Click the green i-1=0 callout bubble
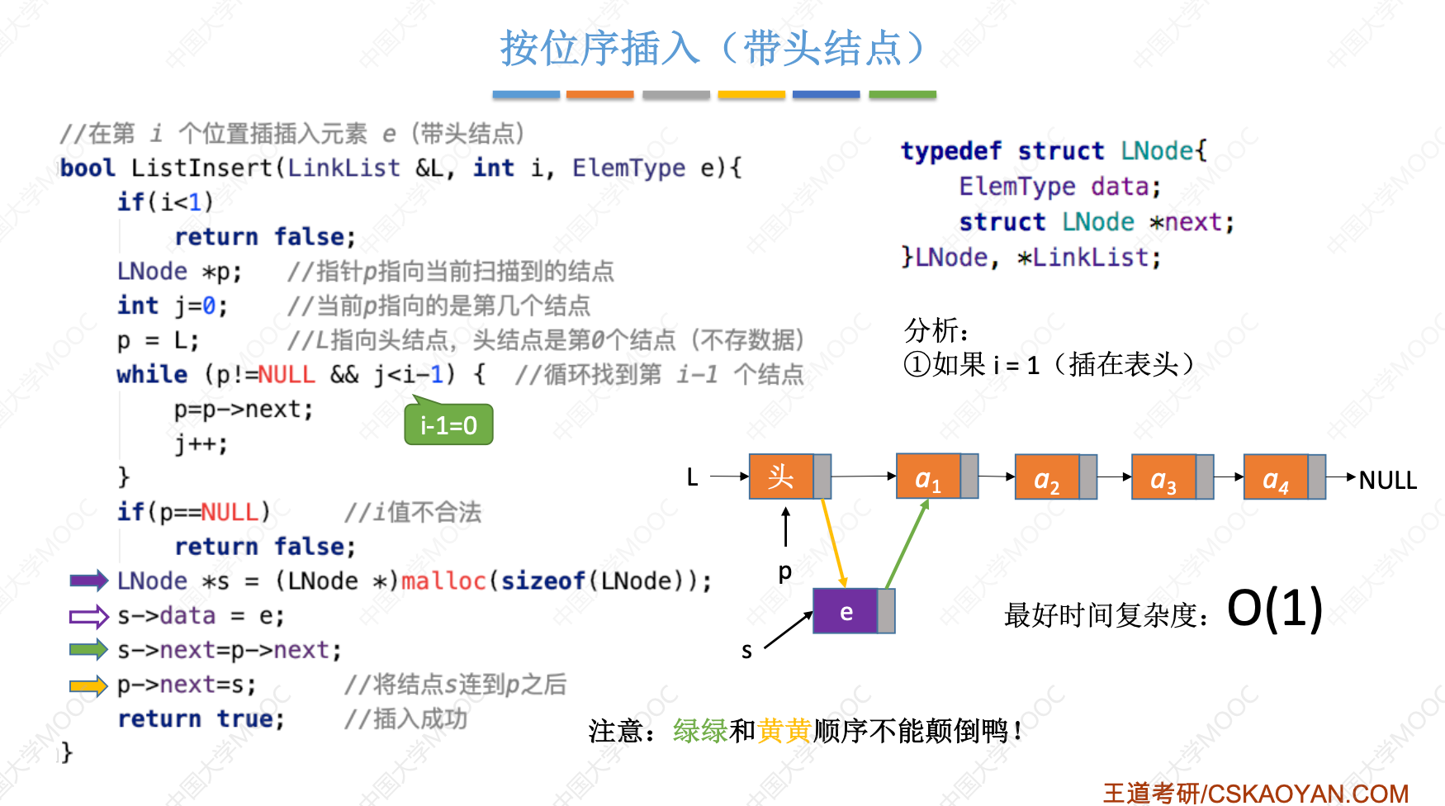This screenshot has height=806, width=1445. tap(448, 425)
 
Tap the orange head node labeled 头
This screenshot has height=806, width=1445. tap(781, 476)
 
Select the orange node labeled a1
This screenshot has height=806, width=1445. tap(928, 476)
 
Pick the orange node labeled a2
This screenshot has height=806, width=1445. tap(1047, 477)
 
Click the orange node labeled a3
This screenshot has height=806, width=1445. tap(1163, 477)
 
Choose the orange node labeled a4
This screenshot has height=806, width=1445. tap(1276, 477)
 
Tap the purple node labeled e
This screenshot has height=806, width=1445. tap(846, 612)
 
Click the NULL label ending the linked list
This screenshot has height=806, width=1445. tap(1387, 480)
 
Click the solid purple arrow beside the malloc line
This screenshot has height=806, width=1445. tap(88, 581)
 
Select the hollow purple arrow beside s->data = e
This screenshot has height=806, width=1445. tap(88, 616)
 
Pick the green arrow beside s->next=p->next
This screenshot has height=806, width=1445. tap(88, 650)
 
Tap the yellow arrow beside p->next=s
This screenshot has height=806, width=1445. tap(88, 685)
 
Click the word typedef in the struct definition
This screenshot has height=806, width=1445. tap(950, 151)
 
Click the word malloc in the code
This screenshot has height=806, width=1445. tap(443, 581)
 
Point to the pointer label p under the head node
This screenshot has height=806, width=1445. tap(784, 571)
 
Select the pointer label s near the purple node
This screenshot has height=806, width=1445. tap(746, 652)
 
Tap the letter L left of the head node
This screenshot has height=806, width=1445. tap(692, 477)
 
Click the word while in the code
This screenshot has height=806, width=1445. tap(152, 375)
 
